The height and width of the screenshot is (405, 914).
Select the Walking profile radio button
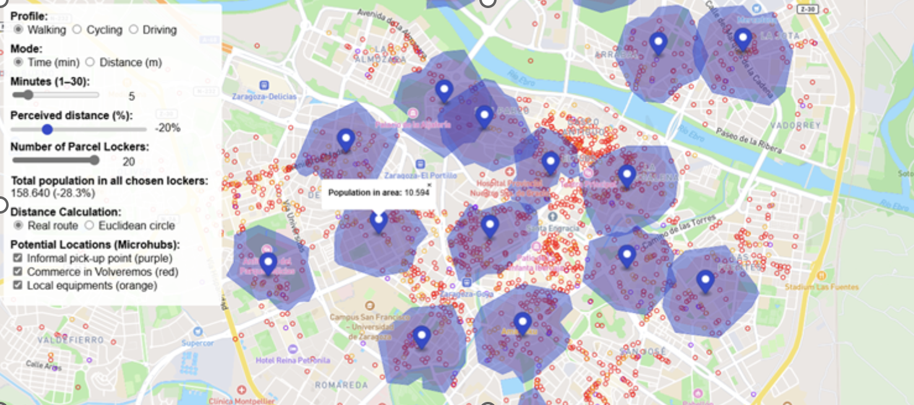pyautogui.click(x=19, y=30)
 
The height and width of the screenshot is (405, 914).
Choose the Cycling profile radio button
pyautogui.click(x=77, y=30)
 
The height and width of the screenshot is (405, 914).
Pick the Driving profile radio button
pyautogui.click(x=134, y=30)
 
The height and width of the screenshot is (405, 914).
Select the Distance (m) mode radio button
pyautogui.click(x=90, y=62)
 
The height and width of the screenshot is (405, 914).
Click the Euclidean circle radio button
pyautogui.click(x=90, y=225)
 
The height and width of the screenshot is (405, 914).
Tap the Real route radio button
pyautogui.click(x=19, y=225)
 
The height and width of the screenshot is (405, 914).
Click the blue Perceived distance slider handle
pyautogui.click(x=47, y=129)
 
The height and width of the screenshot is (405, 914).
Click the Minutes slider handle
pyautogui.click(x=27, y=95)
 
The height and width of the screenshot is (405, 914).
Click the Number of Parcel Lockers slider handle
pyautogui.click(x=94, y=160)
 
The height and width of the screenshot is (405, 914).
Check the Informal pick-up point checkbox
pyautogui.click(x=18, y=258)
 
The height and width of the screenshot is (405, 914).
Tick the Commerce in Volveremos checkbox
pyautogui.click(x=18, y=272)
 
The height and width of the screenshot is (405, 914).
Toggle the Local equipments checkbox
pyautogui.click(x=18, y=285)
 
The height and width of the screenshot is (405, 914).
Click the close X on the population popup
pyautogui.click(x=429, y=185)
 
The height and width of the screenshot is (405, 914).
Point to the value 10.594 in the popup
pyautogui.click(x=417, y=193)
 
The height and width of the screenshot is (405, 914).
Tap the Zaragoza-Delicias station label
pyautogui.click(x=264, y=97)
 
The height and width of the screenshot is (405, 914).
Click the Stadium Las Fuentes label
pyautogui.click(x=813, y=287)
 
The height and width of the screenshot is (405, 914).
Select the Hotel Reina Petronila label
pyautogui.click(x=293, y=360)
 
